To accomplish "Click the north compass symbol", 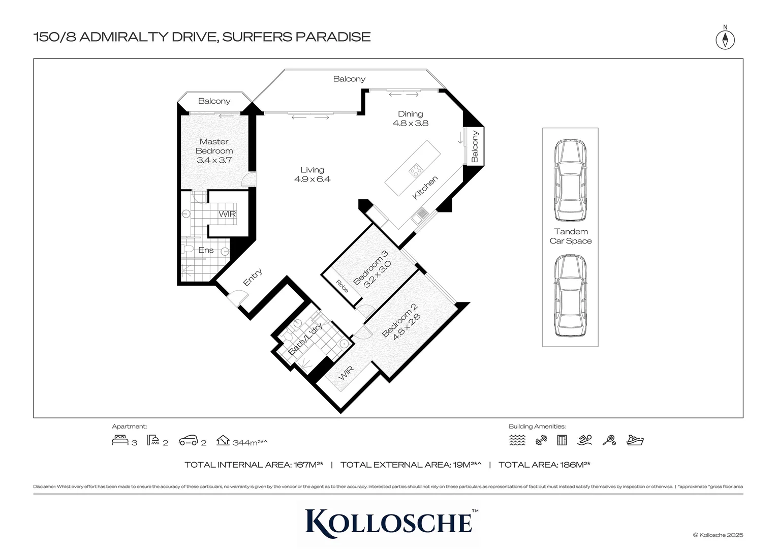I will [x=725, y=39].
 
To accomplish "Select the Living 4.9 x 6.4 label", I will [x=312, y=174].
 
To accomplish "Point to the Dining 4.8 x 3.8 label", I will [x=410, y=118].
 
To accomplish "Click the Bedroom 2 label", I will [x=401, y=320].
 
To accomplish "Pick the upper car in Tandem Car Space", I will [x=570, y=180].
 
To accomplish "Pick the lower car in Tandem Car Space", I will [x=570, y=296].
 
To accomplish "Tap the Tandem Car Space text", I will [x=570, y=236].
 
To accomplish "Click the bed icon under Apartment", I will [x=120, y=440].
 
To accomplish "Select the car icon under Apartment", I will [x=188, y=441].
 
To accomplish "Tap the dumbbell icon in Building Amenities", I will [x=541, y=441].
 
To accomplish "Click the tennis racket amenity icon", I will [x=609, y=441].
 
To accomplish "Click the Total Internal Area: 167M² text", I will [x=254, y=465].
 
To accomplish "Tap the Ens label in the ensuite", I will [x=206, y=250].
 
